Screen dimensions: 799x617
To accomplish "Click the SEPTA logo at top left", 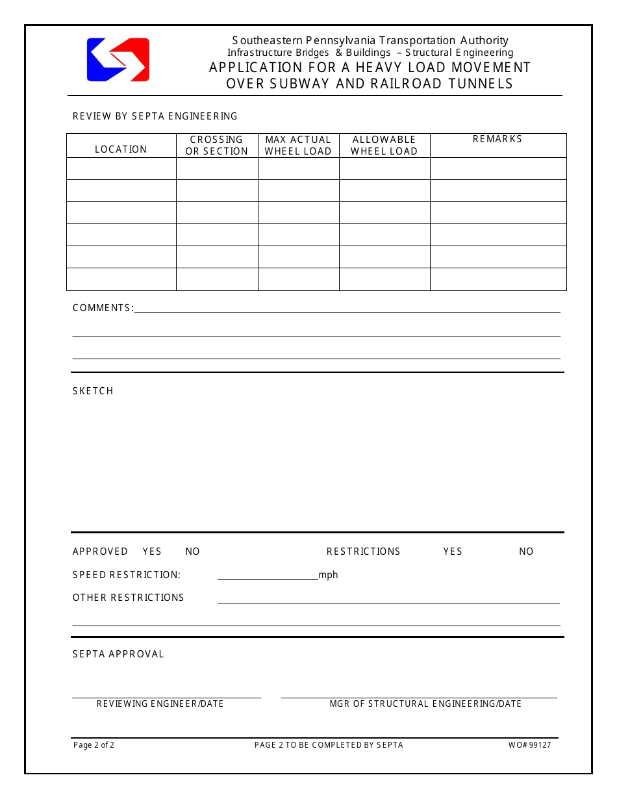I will click(118, 60).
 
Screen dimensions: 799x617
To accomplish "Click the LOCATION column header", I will click(121, 149).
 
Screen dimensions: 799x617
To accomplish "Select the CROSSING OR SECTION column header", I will click(217, 146).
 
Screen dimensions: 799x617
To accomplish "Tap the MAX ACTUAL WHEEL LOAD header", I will click(298, 146).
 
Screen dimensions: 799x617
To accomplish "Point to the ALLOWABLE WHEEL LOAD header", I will click(384, 146).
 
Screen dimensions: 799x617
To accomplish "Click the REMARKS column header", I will click(497, 139).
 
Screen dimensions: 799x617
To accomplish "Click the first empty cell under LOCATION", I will click(121, 169).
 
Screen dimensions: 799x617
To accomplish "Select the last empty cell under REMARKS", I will click(498, 279).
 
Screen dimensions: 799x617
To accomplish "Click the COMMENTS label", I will click(103, 308).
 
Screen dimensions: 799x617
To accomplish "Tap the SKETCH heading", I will click(93, 391).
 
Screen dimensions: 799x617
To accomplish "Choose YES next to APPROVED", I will click(152, 552).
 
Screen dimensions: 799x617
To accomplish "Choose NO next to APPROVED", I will click(193, 552).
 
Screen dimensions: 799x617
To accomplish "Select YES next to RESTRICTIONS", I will click(453, 552).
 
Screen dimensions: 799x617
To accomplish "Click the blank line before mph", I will click(267, 576).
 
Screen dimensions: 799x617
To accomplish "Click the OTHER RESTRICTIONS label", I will click(129, 598).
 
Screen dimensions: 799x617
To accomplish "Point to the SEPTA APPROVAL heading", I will click(118, 654).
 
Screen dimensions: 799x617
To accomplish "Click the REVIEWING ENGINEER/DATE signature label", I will click(160, 704).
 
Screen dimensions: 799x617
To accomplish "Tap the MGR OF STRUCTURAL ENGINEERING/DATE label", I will click(425, 704).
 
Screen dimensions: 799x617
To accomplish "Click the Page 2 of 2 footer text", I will click(94, 745).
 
